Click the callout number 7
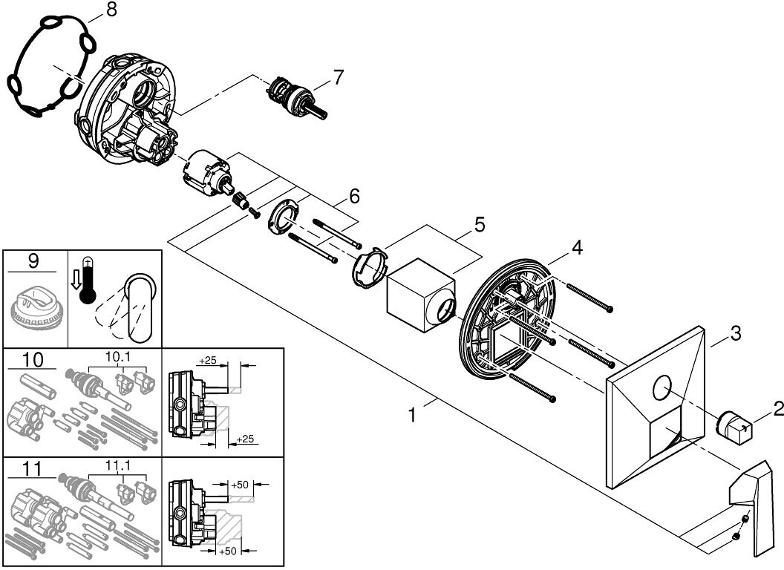[339, 76]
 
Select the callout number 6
[354, 196]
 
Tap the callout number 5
[480, 223]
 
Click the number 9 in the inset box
[33, 262]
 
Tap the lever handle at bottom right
[753, 505]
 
